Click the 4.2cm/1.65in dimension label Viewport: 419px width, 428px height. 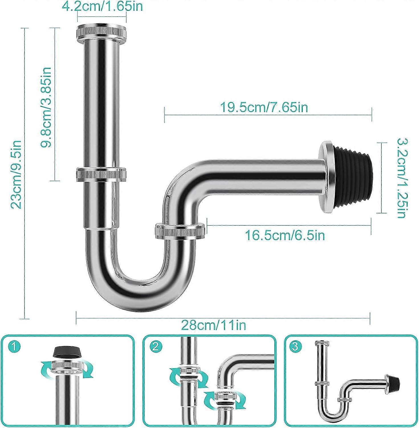(x=102, y=6)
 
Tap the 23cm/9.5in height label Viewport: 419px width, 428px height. (x=16, y=174)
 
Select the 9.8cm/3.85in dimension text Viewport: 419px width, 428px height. (x=46, y=107)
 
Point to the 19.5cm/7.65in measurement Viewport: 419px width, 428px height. (x=264, y=108)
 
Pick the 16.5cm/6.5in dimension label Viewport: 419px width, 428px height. (x=285, y=236)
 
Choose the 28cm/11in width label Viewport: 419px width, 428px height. (x=213, y=325)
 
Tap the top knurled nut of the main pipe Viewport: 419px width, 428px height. (x=101, y=32)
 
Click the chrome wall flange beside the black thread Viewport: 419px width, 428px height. (x=327, y=177)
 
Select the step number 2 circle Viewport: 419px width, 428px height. (x=155, y=347)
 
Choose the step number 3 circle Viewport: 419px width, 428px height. (x=295, y=347)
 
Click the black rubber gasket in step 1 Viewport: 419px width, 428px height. (x=67, y=353)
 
